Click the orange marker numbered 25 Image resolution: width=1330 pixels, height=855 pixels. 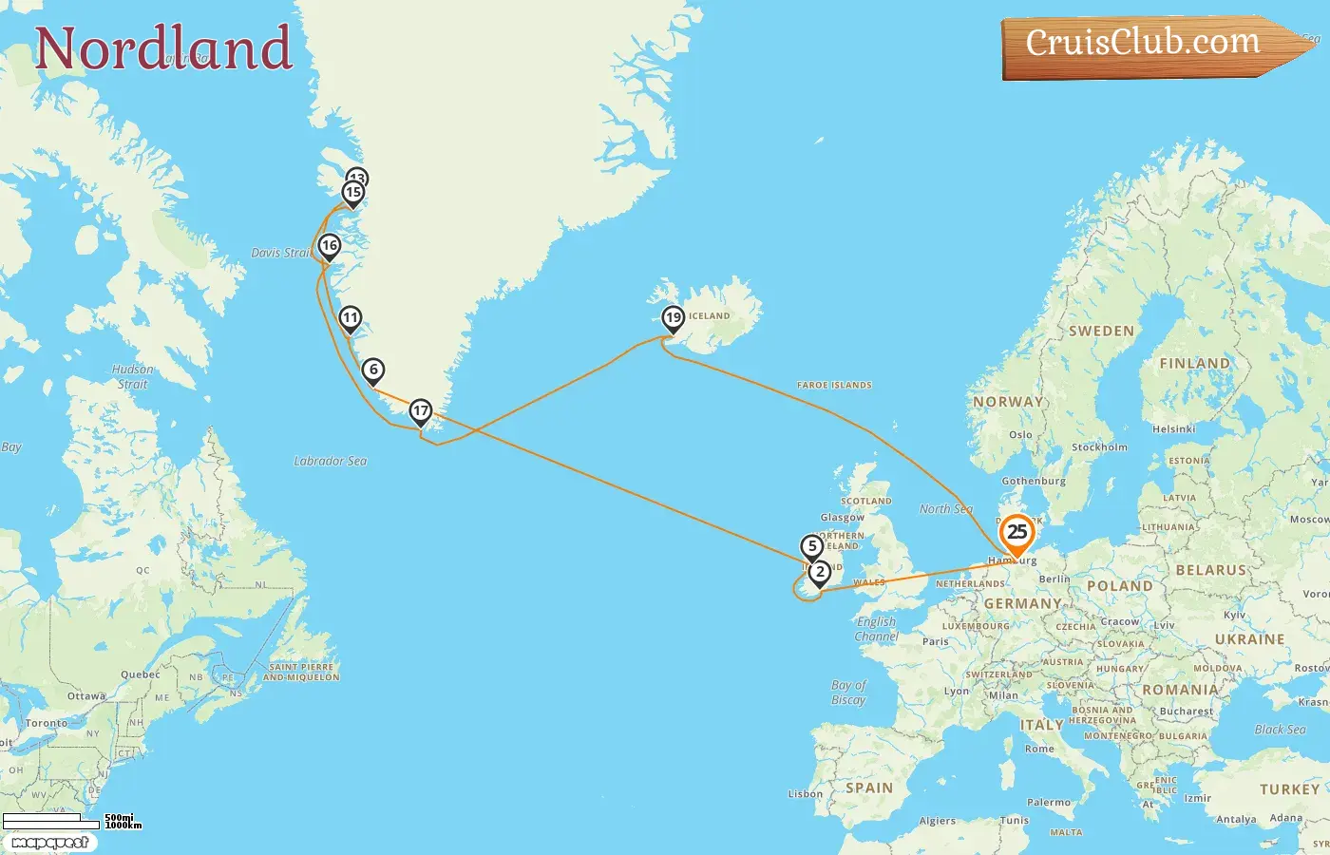(1016, 533)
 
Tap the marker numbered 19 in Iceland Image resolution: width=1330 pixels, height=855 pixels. (674, 318)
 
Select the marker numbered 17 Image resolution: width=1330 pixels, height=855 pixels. (421, 411)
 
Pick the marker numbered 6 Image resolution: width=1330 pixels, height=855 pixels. (373, 370)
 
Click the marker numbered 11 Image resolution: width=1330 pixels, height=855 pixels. (351, 318)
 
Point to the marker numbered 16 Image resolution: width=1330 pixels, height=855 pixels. (330, 246)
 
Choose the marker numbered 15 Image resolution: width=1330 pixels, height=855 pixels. (353, 193)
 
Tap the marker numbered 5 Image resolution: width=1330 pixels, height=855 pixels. (811, 546)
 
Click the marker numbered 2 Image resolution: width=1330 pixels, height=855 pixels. (820, 572)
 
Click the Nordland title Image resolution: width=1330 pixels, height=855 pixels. (163, 48)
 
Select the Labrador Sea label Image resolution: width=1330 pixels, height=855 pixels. (331, 461)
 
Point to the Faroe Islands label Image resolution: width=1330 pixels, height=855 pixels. (834, 385)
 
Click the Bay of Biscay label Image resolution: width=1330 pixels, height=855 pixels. (848, 692)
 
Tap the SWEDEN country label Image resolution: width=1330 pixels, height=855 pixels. (1101, 332)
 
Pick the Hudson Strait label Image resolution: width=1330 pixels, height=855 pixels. (133, 376)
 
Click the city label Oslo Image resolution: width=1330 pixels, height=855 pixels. (1020, 435)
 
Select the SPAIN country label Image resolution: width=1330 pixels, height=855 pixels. (869, 788)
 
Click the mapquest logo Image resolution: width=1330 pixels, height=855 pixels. (49, 843)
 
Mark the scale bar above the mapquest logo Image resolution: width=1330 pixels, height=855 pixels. (52, 820)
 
